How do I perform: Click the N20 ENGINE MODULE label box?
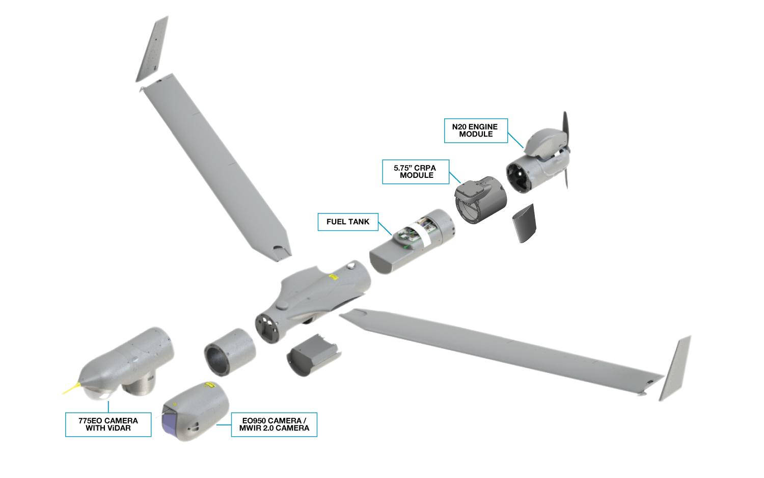tap(476, 130)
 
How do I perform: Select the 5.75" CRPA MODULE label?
tap(416, 172)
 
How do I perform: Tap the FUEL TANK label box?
tap(348, 222)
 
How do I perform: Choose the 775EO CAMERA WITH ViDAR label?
tap(108, 424)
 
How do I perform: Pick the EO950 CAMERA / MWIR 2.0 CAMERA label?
tap(274, 424)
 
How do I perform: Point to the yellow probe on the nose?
tap(72, 388)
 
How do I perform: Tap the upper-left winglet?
tap(152, 49)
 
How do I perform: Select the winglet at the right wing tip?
tap(675, 368)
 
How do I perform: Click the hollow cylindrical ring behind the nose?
tap(230, 352)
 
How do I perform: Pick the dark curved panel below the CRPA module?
tap(524, 223)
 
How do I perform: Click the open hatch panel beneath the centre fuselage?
tap(313, 355)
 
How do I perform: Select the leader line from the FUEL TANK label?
tap(385, 229)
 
